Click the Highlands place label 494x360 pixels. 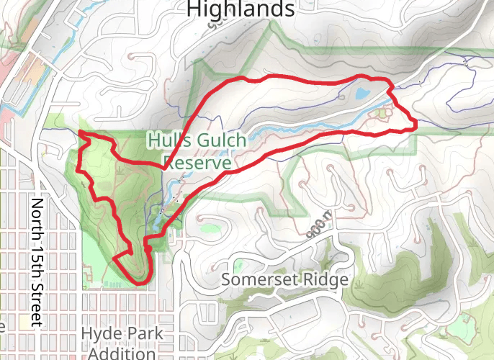[241, 9]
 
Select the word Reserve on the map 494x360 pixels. [197, 163]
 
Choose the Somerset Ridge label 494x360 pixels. [285, 279]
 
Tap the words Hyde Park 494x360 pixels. [122, 334]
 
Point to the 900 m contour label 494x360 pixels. [315, 224]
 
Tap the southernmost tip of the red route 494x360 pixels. [137, 284]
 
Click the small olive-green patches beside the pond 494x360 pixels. [382, 112]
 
